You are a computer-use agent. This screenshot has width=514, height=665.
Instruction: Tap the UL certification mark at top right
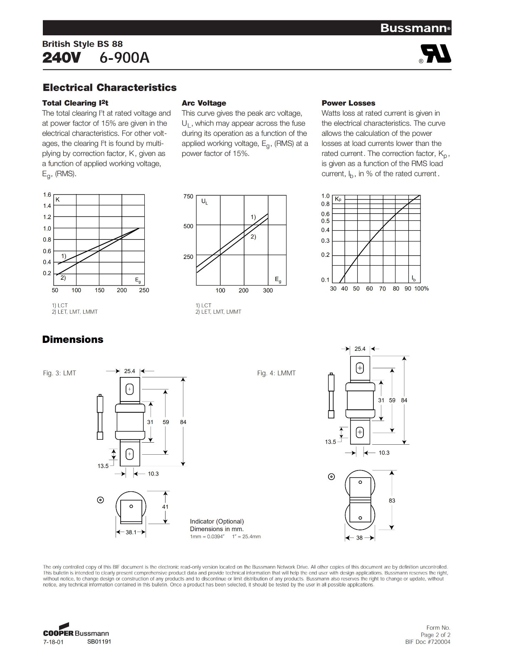pos(435,54)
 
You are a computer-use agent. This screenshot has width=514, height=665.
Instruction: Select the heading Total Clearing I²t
pos(75,103)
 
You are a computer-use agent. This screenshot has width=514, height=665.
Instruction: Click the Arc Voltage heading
pos(204,103)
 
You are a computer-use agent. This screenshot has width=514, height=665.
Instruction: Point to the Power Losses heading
pos(348,103)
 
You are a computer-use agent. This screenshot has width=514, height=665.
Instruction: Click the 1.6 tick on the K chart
pos(47,195)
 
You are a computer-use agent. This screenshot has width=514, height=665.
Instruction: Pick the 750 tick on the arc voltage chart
pos(188,196)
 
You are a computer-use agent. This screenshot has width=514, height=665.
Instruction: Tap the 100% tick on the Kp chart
pos(421,288)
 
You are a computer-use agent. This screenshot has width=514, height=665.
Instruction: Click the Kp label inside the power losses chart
pos(338,199)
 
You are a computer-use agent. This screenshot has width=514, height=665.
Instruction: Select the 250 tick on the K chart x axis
pos(144,290)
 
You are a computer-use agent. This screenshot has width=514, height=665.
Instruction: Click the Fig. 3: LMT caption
pos(59,373)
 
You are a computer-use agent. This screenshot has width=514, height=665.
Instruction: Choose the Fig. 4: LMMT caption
pos(276,373)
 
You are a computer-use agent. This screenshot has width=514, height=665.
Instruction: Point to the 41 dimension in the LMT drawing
pos(166,507)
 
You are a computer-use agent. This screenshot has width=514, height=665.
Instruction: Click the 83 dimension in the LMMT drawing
pos(392,500)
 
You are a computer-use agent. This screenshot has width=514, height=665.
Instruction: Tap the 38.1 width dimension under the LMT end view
pos(131,532)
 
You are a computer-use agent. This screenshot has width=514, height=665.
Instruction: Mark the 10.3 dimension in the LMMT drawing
pos(384,453)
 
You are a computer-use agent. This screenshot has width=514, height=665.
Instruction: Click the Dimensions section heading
pos(73,340)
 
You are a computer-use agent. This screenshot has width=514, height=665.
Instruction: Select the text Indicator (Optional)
pos(217,521)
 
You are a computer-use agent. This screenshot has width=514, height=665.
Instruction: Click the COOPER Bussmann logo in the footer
pos(76,631)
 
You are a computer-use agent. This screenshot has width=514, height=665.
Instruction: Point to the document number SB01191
pos(99,641)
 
